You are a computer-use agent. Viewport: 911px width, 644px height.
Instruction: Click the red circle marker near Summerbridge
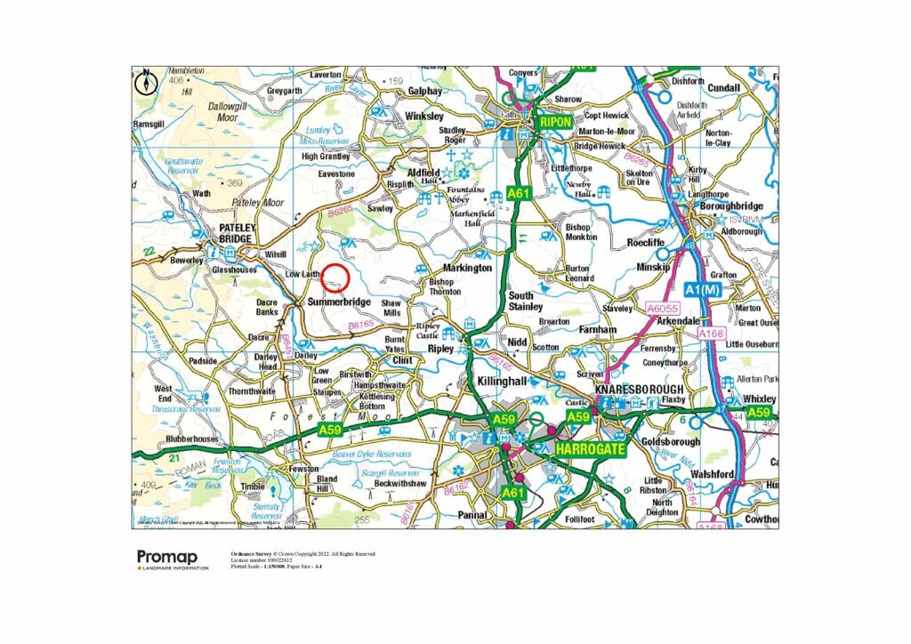(x=335, y=278)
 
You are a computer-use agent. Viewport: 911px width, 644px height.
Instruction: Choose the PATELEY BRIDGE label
(x=238, y=234)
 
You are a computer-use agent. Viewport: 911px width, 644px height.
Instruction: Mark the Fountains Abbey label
(x=466, y=194)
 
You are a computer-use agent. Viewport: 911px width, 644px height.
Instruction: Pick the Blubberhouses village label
(x=191, y=439)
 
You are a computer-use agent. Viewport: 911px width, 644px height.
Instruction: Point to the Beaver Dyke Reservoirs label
(x=371, y=454)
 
